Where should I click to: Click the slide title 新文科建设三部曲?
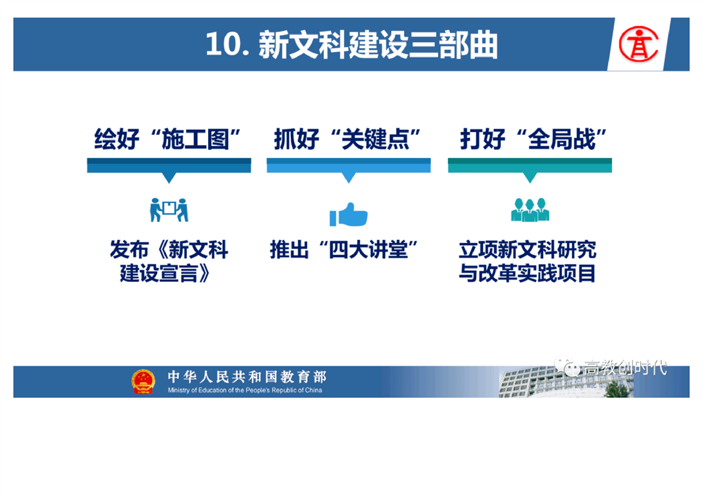[378, 45]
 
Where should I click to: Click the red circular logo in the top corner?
[638, 44]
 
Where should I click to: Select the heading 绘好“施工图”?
[167, 139]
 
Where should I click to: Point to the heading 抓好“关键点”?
[347, 139]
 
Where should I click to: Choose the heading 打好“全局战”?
[533, 139]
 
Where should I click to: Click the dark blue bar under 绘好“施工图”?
[169, 165]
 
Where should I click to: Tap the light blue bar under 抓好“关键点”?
[349, 165]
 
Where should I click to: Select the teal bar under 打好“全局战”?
[530, 165]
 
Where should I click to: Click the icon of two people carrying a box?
[169, 210]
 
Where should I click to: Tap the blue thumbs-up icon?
[348, 214]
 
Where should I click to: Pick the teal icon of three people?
[530, 210]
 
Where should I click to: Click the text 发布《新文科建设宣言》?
[169, 261]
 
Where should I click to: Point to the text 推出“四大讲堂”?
[344, 250]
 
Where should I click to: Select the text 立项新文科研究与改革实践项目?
[528, 261]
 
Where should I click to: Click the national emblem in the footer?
[143, 382]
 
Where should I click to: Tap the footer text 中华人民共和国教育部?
[247, 377]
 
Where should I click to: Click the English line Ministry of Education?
[245, 390]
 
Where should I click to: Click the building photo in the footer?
[566, 382]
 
